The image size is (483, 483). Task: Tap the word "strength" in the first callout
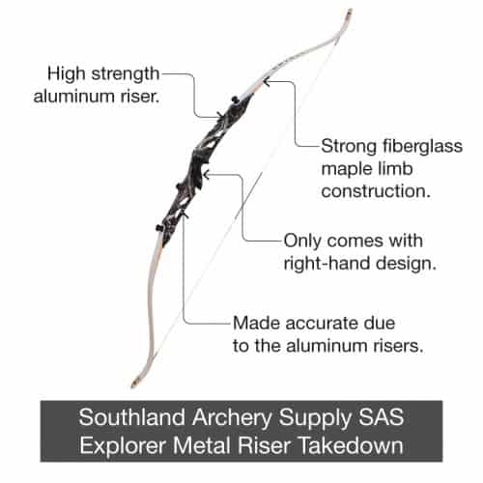pos(126,74)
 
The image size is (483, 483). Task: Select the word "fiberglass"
pos(422,147)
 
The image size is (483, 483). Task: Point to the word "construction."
pos(376,191)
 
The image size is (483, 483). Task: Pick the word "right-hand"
pos(327,264)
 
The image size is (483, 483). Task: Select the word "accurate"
pos(323,324)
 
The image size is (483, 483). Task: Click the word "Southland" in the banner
pos(132,417)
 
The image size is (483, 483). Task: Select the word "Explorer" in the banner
pos(123,446)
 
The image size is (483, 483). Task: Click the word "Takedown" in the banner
pos(352,445)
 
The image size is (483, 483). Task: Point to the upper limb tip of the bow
pos(350,12)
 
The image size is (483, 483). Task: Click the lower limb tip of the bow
pos(133,384)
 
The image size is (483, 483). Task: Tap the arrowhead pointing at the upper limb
pos(266,82)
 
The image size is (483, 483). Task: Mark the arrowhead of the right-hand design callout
pos(207,175)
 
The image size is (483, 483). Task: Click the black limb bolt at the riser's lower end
pos(159,228)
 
